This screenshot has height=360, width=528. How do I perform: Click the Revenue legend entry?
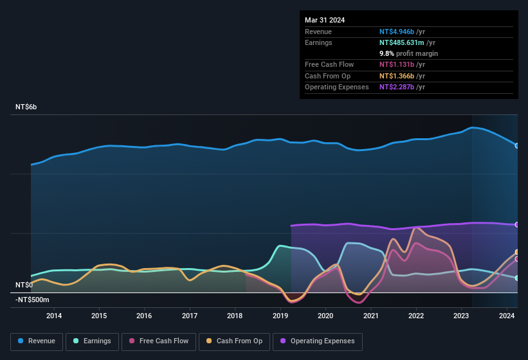[x=37, y=341]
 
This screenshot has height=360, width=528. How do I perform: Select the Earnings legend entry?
[x=92, y=341]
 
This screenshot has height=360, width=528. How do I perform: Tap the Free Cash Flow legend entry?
[x=159, y=341]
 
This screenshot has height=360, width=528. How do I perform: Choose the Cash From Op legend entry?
[x=235, y=341]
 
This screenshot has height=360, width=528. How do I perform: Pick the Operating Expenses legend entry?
[x=317, y=341]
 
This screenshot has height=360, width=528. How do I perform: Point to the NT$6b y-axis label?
[x=26, y=107]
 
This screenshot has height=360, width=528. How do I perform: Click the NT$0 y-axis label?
[x=24, y=285]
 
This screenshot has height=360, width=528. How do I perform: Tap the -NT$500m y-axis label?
[x=32, y=300]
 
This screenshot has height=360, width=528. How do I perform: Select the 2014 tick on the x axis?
[x=54, y=316]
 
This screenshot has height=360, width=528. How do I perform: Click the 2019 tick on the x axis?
[x=280, y=316]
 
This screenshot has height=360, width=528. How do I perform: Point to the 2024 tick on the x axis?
[x=507, y=316]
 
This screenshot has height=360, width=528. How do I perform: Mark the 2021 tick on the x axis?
[x=371, y=316]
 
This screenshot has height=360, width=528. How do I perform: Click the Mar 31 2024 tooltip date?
[x=325, y=20]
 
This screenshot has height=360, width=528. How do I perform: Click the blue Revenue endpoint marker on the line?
[x=517, y=145]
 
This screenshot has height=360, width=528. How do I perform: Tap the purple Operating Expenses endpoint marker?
[x=517, y=224]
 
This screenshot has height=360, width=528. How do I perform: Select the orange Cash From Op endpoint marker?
[x=517, y=252]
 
